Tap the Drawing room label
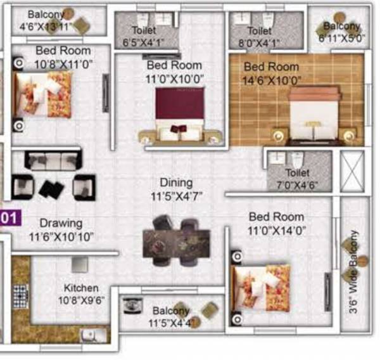pyautogui.click(x=61, y=223)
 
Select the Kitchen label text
pyautogui.click(x=81, y=288)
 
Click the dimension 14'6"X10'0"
pyautogui.click(x=273, y=80)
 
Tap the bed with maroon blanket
pyautogui.click(x=180, y=114)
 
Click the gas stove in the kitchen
pyautogui.click(x=20, y=296)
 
